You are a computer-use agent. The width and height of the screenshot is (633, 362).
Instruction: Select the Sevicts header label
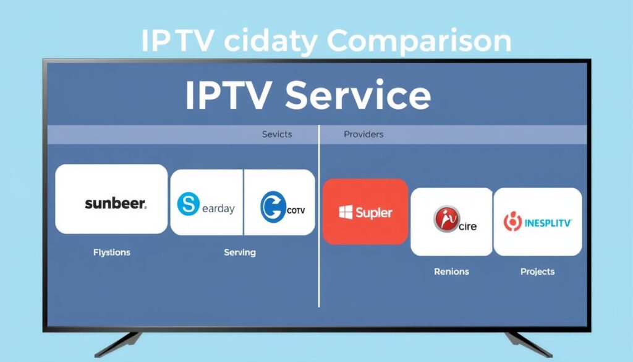click(276, 134)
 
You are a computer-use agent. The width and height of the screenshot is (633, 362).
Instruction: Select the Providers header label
click(363, 134)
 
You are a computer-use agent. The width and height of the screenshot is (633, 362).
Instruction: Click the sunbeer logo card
click(111, 199)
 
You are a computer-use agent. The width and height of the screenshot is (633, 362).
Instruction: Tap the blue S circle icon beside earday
click(188, 205)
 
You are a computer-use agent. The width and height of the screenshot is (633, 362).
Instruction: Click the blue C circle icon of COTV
click(272, 207)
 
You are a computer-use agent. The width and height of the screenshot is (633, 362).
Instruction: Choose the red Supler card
click(365, 212)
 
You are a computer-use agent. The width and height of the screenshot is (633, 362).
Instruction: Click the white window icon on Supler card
click(346, 212)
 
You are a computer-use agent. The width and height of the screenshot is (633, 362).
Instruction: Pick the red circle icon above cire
click(446, 218)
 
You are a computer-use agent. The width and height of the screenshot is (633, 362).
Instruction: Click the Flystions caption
click(111, 252)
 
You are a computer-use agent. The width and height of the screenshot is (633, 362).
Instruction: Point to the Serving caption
click(239, 252)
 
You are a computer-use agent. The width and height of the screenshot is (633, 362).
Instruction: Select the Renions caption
click(451, 272)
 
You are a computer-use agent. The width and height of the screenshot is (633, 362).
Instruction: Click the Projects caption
click(537, 272)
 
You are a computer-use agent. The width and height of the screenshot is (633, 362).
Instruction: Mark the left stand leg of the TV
click(121, 343)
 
